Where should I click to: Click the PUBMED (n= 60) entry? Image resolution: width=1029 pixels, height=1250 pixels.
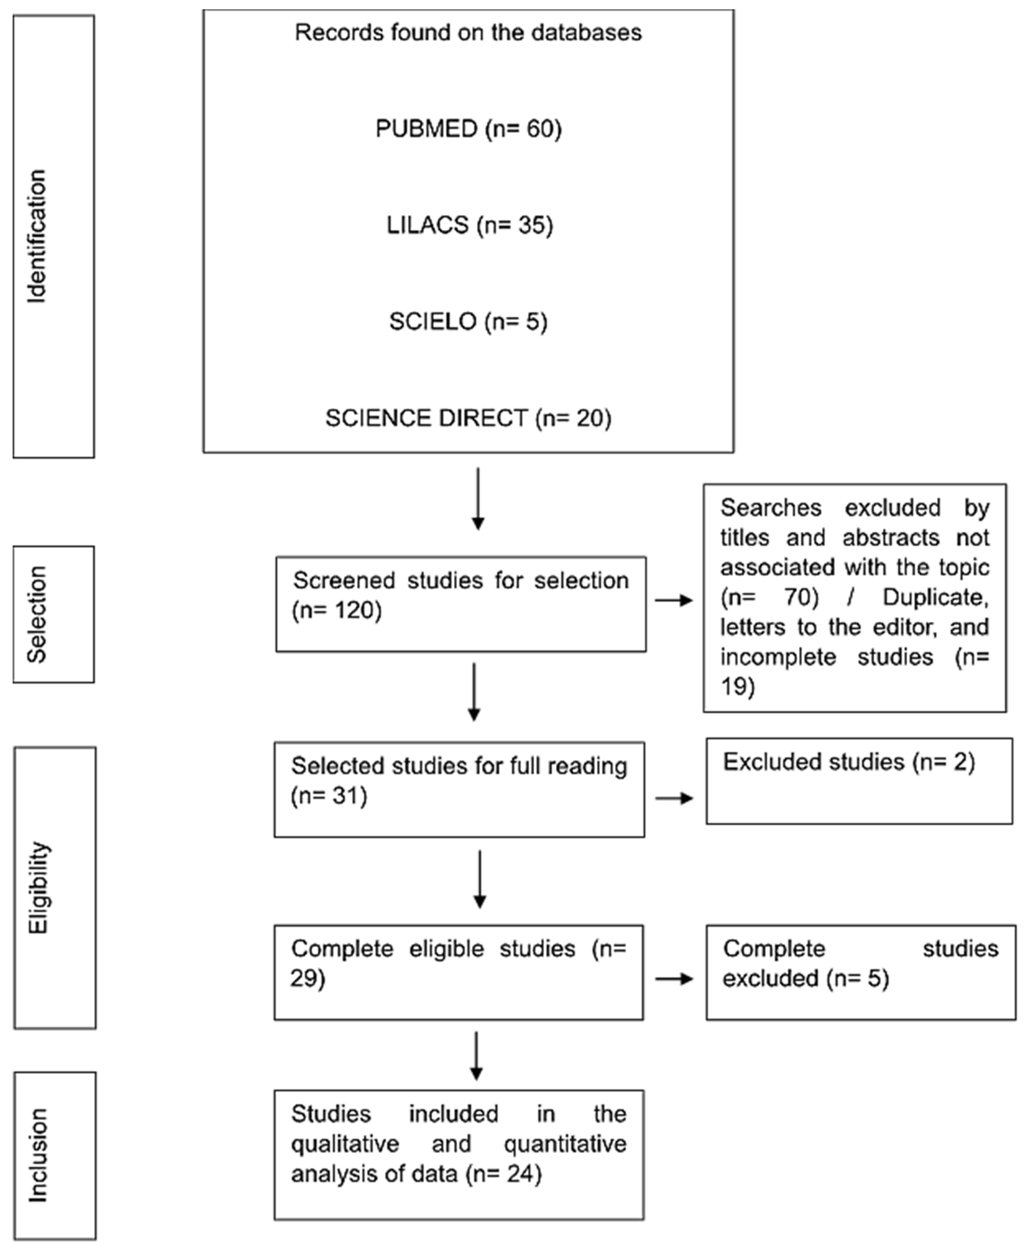pos(468,128)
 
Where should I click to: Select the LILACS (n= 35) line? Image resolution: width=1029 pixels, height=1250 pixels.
pos(470,225)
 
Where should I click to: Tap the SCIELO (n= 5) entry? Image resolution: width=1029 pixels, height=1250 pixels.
pos(468,322)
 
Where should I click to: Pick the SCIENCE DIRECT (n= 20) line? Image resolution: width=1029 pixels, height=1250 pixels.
pos(468,418)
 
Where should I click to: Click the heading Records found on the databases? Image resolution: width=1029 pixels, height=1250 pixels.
pos(468,33)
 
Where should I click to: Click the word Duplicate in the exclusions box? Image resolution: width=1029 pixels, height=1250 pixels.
pos(935,597)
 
